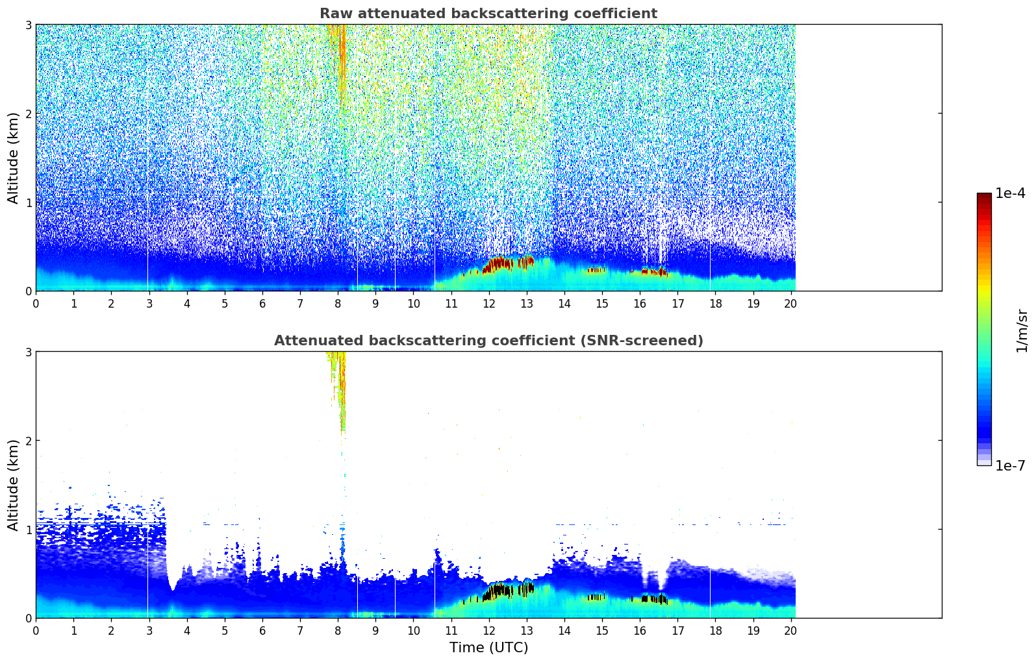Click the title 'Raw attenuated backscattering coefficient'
pos(488,14)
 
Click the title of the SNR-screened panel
pos(488,341)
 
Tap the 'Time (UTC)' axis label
pos(488,648)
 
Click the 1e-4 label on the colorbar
pos(1009,193)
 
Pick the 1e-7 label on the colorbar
pos(1009,465)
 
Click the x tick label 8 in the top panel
pos(338,304)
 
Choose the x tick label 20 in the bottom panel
pos(791,631)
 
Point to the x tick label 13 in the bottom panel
pos(527,631)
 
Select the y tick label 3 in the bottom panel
pos(28,352)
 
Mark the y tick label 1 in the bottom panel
pos(28,530)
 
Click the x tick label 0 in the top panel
pos(36,304)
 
